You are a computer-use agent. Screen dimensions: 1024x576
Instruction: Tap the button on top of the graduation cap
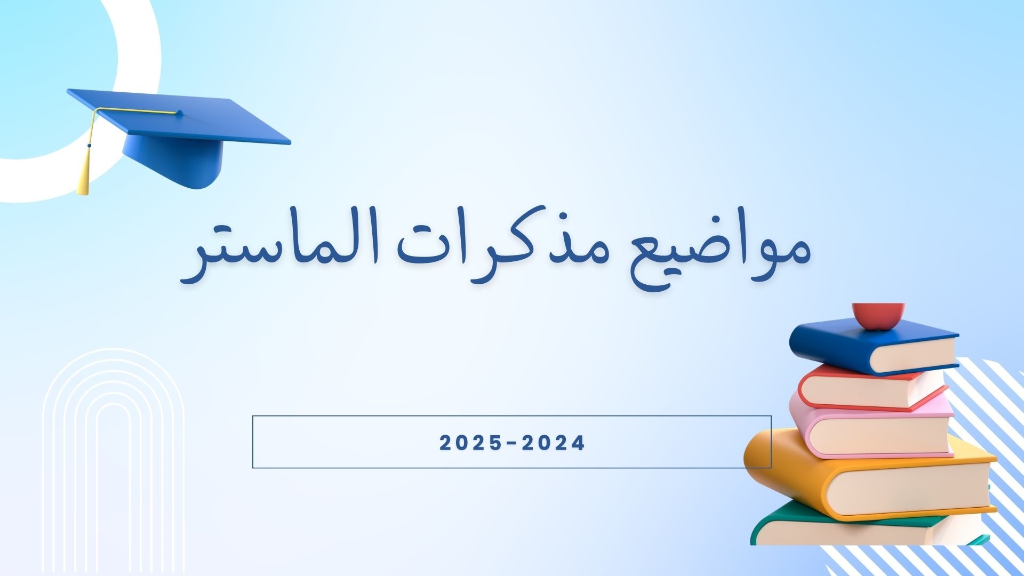(x=179, y=113)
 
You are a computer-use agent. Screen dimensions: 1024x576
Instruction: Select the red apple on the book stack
(x=878, y=316)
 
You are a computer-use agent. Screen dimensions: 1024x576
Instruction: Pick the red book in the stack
(x=871, y=388)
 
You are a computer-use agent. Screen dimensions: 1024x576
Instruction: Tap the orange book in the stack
(x=869, y=475)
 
